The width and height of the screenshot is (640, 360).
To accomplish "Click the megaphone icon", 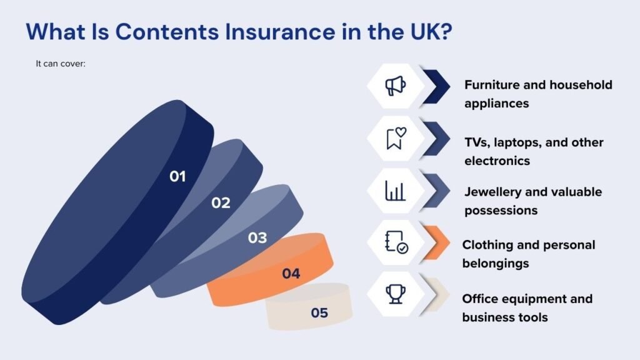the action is click(395, 86).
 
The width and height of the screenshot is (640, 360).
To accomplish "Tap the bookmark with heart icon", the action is click(396, 138).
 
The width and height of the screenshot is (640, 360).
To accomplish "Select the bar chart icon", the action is click(395, 191).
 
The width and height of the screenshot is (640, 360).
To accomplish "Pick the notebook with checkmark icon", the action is click(396, 242).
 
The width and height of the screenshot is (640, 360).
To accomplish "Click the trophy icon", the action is click(396, 294).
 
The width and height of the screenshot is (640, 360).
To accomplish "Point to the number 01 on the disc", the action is click(177, 176).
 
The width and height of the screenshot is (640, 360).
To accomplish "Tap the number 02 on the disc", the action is click(221, 203).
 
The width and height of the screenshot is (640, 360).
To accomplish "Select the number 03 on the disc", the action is click(257, 237).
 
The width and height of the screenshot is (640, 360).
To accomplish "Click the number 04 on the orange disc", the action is click(291, 273).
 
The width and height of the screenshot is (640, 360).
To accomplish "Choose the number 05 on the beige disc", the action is click(319, 312).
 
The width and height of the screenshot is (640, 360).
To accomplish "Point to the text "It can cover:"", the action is click(61, 64).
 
